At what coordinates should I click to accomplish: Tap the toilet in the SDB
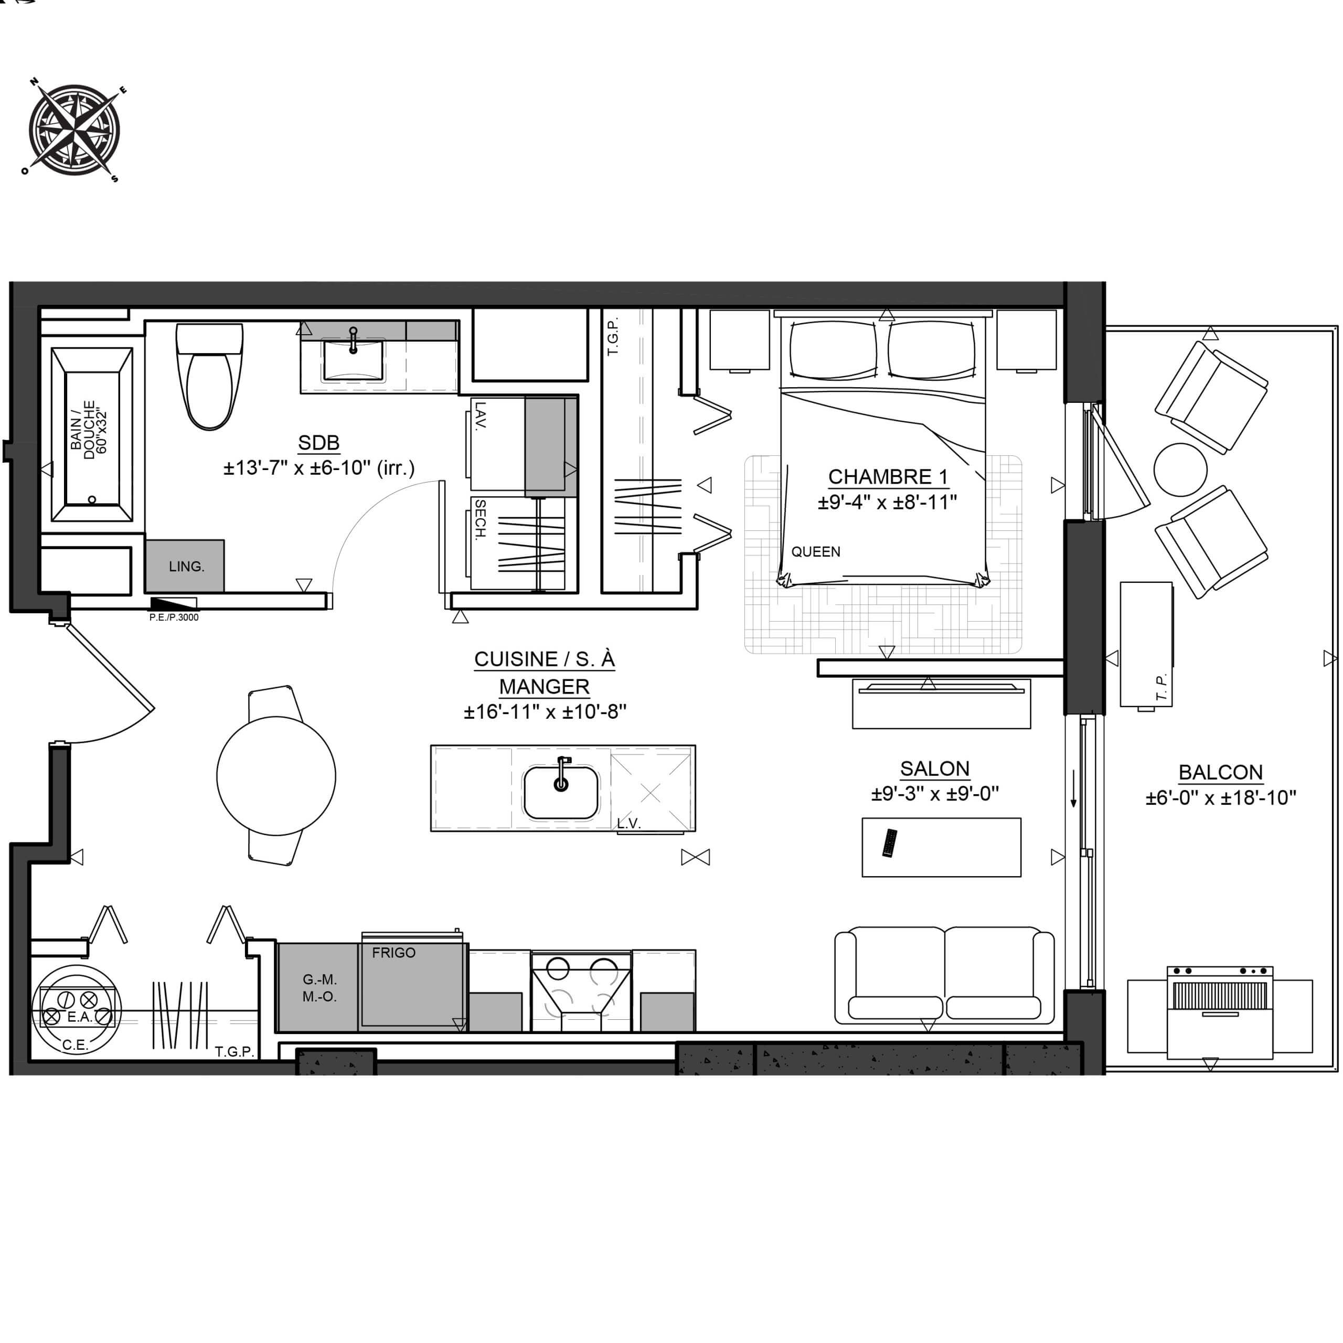click(x=210, y=376)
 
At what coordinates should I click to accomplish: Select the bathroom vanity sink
click(x=353, y=360)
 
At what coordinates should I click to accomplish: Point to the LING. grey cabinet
click(x=185, y=566)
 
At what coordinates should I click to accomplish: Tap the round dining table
click(x=276, y=776)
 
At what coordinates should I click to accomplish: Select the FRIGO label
click(x=393, y=952)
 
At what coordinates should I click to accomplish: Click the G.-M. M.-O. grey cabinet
click(x=318, y=987)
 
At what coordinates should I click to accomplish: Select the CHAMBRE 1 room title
click(x=888, y=477)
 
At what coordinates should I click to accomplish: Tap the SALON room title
click(x=934, y=769)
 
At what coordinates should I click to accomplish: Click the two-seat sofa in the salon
click(x=944, y=975)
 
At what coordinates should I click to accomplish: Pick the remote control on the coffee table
click(x=890, y=843)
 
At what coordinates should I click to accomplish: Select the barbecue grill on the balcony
click(x=1220, y=1013)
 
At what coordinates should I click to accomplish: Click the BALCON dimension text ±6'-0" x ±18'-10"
click(x=1221, y=798)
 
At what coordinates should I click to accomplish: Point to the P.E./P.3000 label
click(x=174, y=617)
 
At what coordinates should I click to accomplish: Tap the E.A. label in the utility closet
click(x=79, y=1017)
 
